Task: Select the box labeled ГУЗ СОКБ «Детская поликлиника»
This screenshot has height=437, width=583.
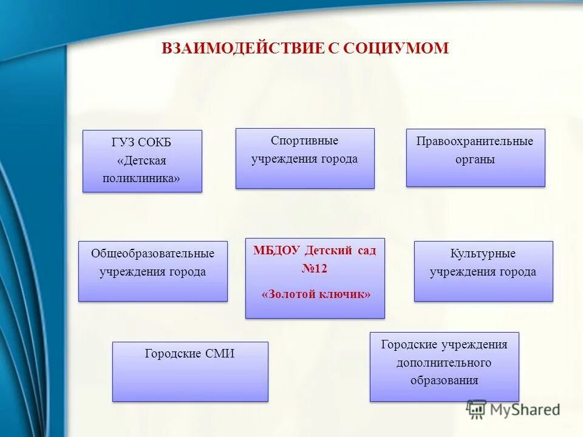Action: click(x=142, y=161)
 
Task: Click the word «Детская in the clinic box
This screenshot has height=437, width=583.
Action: click(x=141, y=161)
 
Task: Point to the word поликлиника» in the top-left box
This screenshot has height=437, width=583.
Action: click(x=141, y=179)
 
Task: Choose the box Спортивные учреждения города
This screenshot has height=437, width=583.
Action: click(x=305, y=158)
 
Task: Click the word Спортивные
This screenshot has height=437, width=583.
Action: click(x=304, y=141)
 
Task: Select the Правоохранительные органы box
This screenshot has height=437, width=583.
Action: click(x=475, y=158)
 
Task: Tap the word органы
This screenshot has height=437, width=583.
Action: click(x=475, y=160)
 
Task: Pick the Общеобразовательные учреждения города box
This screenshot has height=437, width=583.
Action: click(x=152, y=271)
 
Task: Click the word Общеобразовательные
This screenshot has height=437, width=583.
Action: click(x=152, y=253)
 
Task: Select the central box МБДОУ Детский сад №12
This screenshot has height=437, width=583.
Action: click(x=315, y=278)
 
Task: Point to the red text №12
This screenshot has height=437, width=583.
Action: click(x=315, y=268)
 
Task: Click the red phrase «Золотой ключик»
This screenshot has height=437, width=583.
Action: click(x=315, y=294)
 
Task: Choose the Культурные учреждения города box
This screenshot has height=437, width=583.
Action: click(x=483, y=271)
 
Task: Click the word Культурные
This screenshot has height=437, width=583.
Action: click(x=483, y=254)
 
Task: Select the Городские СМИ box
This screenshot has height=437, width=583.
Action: click(x=190, y=371)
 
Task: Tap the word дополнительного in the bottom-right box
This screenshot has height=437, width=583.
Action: click(x=444, y=363)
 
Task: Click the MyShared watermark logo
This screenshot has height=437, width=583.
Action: click(x=513, y=410)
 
